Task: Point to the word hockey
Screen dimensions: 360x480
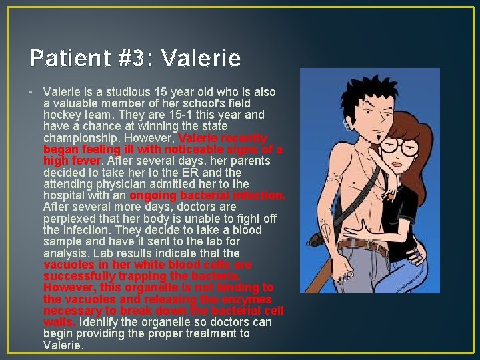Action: click(x=62, y=115)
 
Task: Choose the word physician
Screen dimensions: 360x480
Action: click(x=111, y=184)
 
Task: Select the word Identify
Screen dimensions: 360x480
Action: click(x=101, y=323)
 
